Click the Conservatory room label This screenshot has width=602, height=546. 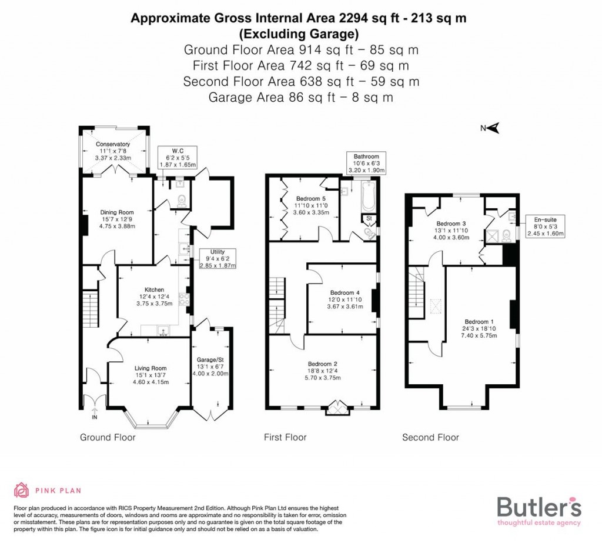tap(113, 144)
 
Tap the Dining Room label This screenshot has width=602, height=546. tap(116, 212)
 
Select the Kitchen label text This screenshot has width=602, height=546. tap(155, 289)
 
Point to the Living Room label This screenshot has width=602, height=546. tap(150, 368)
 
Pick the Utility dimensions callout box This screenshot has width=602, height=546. tap(218, 258)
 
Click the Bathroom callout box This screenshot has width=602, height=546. tap(366, 164)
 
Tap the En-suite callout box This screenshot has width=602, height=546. tap(544, 226)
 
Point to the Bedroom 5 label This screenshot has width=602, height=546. tap(310, 198)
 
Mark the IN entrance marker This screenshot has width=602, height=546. tap(93, 418)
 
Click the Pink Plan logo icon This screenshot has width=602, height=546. tap(21, 490)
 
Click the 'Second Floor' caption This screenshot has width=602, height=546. tap(430, 437)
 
